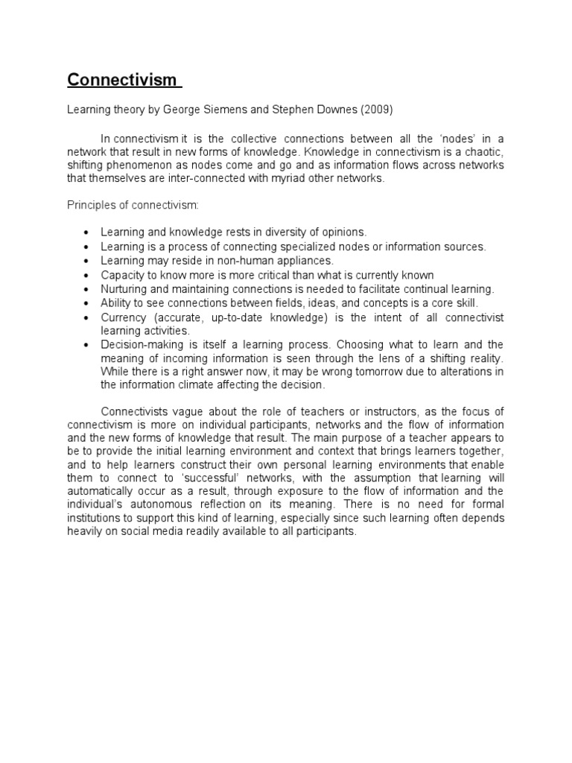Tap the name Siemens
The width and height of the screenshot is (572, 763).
tap(226, 110)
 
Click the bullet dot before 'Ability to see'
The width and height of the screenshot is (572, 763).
tap(87, 303)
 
